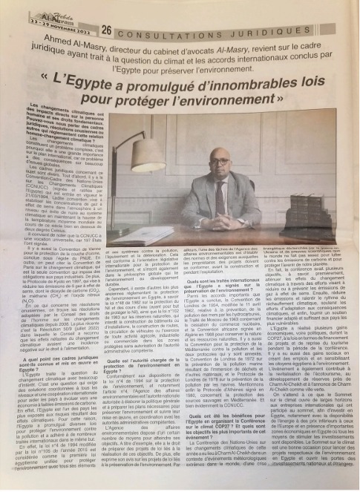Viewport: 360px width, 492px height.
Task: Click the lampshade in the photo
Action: (148, 155)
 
